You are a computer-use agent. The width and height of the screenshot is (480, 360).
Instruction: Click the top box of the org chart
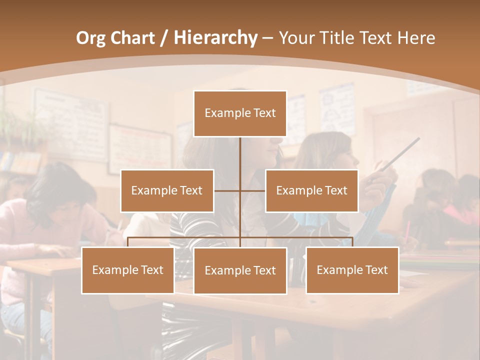(x=240, y=113)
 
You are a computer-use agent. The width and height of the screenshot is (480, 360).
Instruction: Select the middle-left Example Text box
(x=167, y=190)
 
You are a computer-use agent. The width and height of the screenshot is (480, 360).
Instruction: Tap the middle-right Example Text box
(x=311, y=190)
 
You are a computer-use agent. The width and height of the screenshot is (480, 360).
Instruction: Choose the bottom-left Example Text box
(x=128, y=270)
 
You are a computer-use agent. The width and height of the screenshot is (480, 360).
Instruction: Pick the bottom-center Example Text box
(x=240, y=270)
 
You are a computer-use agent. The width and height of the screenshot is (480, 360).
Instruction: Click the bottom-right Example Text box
(x=352, y=270)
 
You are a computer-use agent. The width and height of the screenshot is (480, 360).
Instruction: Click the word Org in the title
(x=91, y=38)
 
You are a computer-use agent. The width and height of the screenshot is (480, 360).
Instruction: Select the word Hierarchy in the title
(x=215, y=38)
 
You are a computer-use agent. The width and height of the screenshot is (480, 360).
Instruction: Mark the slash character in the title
(x=164, y=38)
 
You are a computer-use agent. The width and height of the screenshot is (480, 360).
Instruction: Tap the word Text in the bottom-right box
(x=376, y=270)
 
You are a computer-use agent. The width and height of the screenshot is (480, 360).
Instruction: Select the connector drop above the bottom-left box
(x=128, y=242)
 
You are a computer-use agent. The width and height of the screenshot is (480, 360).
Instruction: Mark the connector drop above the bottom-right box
(x=352, y=242)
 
